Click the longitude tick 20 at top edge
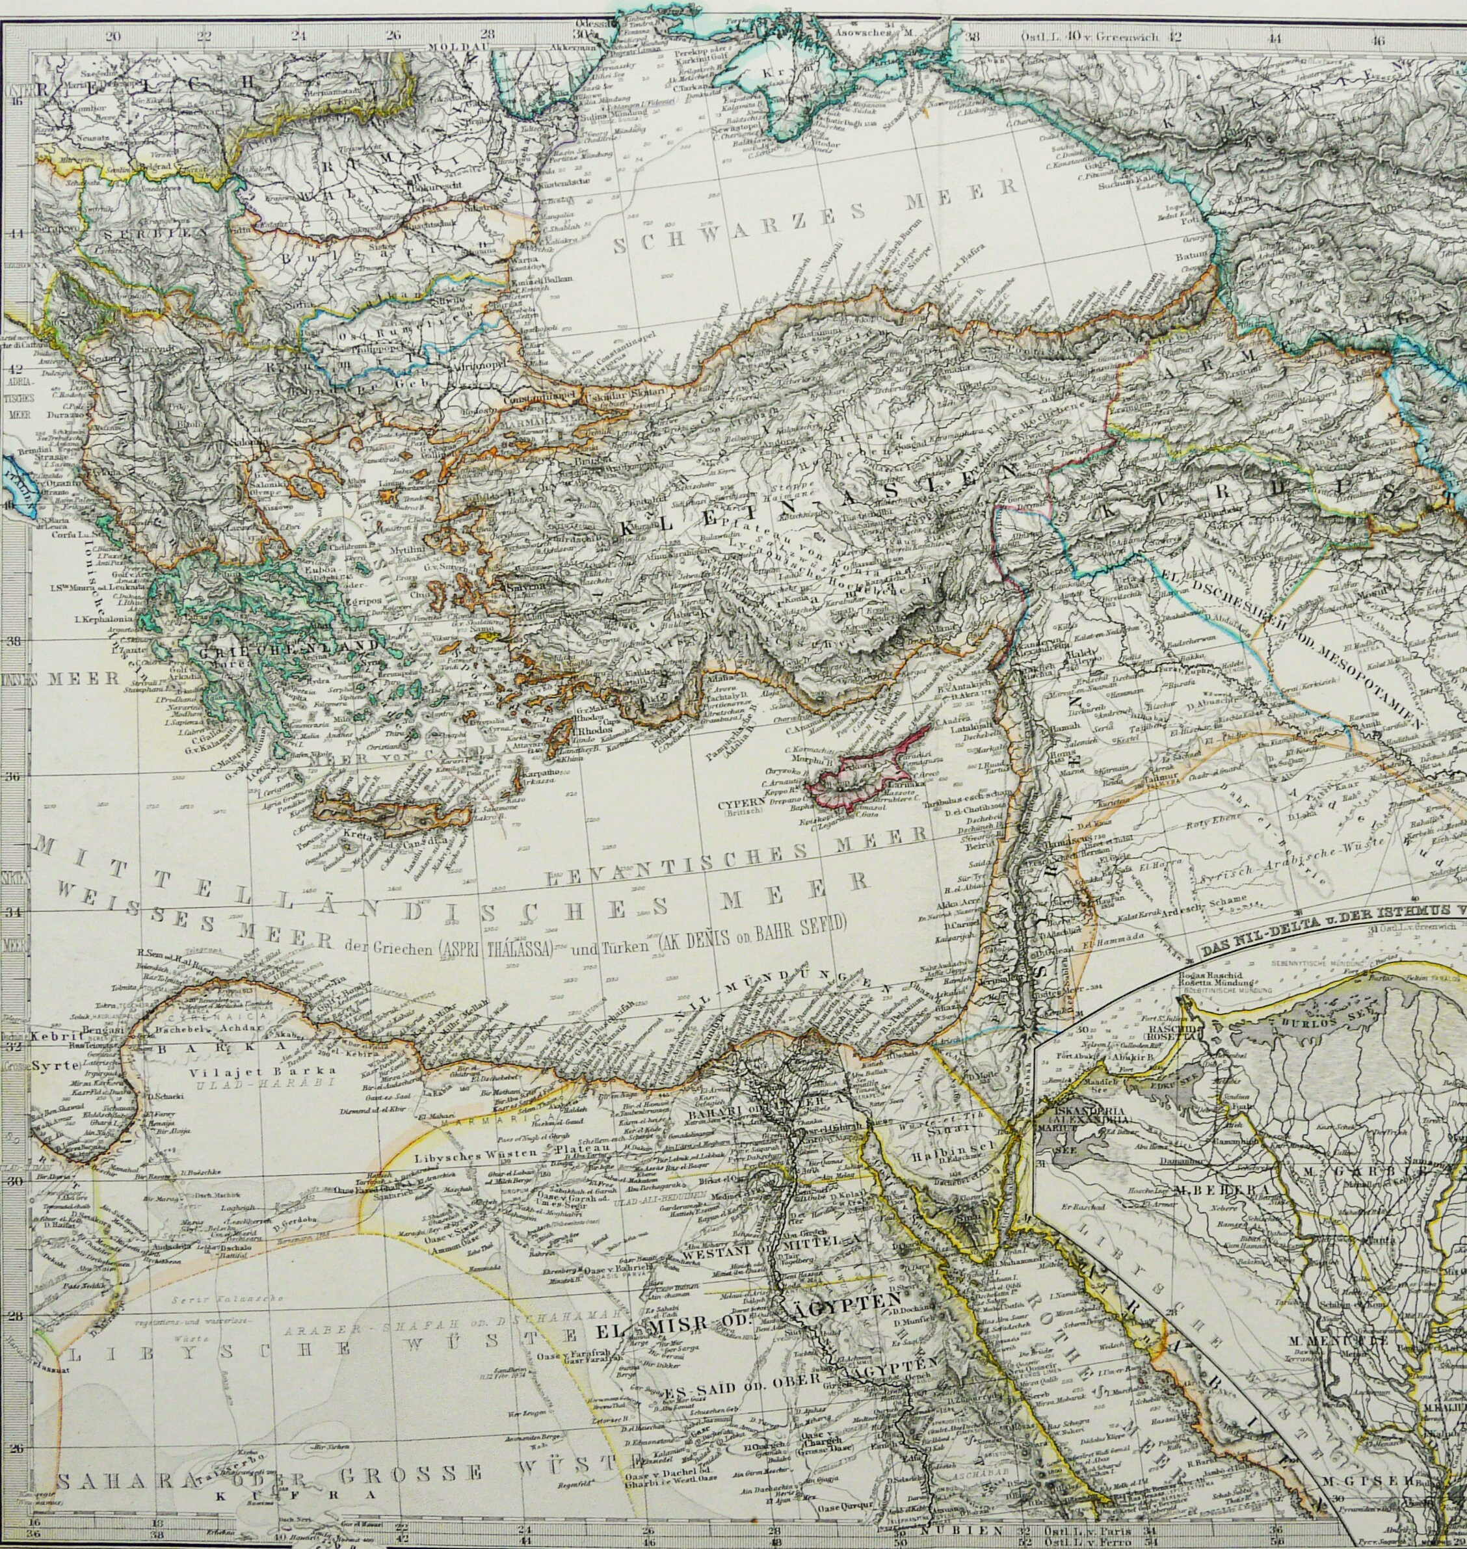[112, 35]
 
